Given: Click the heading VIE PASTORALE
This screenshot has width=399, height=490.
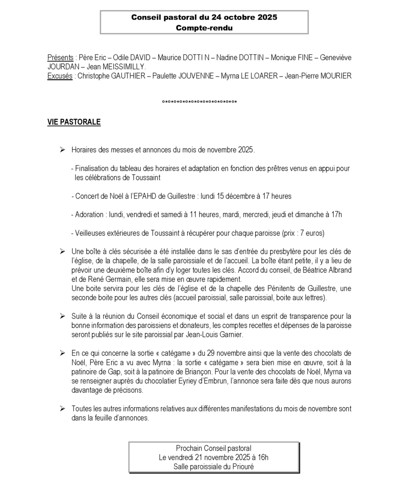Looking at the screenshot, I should pos(74,122).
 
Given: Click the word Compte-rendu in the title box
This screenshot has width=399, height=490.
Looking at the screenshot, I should pos(204,28).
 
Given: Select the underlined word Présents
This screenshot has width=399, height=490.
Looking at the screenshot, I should pos(60,57).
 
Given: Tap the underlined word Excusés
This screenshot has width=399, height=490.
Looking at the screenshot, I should pos(60,76).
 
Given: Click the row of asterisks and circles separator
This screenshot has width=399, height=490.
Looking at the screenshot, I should pos(200,101).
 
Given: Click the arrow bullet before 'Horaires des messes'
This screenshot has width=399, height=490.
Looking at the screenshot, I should pos(62,150).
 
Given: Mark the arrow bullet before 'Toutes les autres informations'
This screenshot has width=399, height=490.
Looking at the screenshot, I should pos(62,409).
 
